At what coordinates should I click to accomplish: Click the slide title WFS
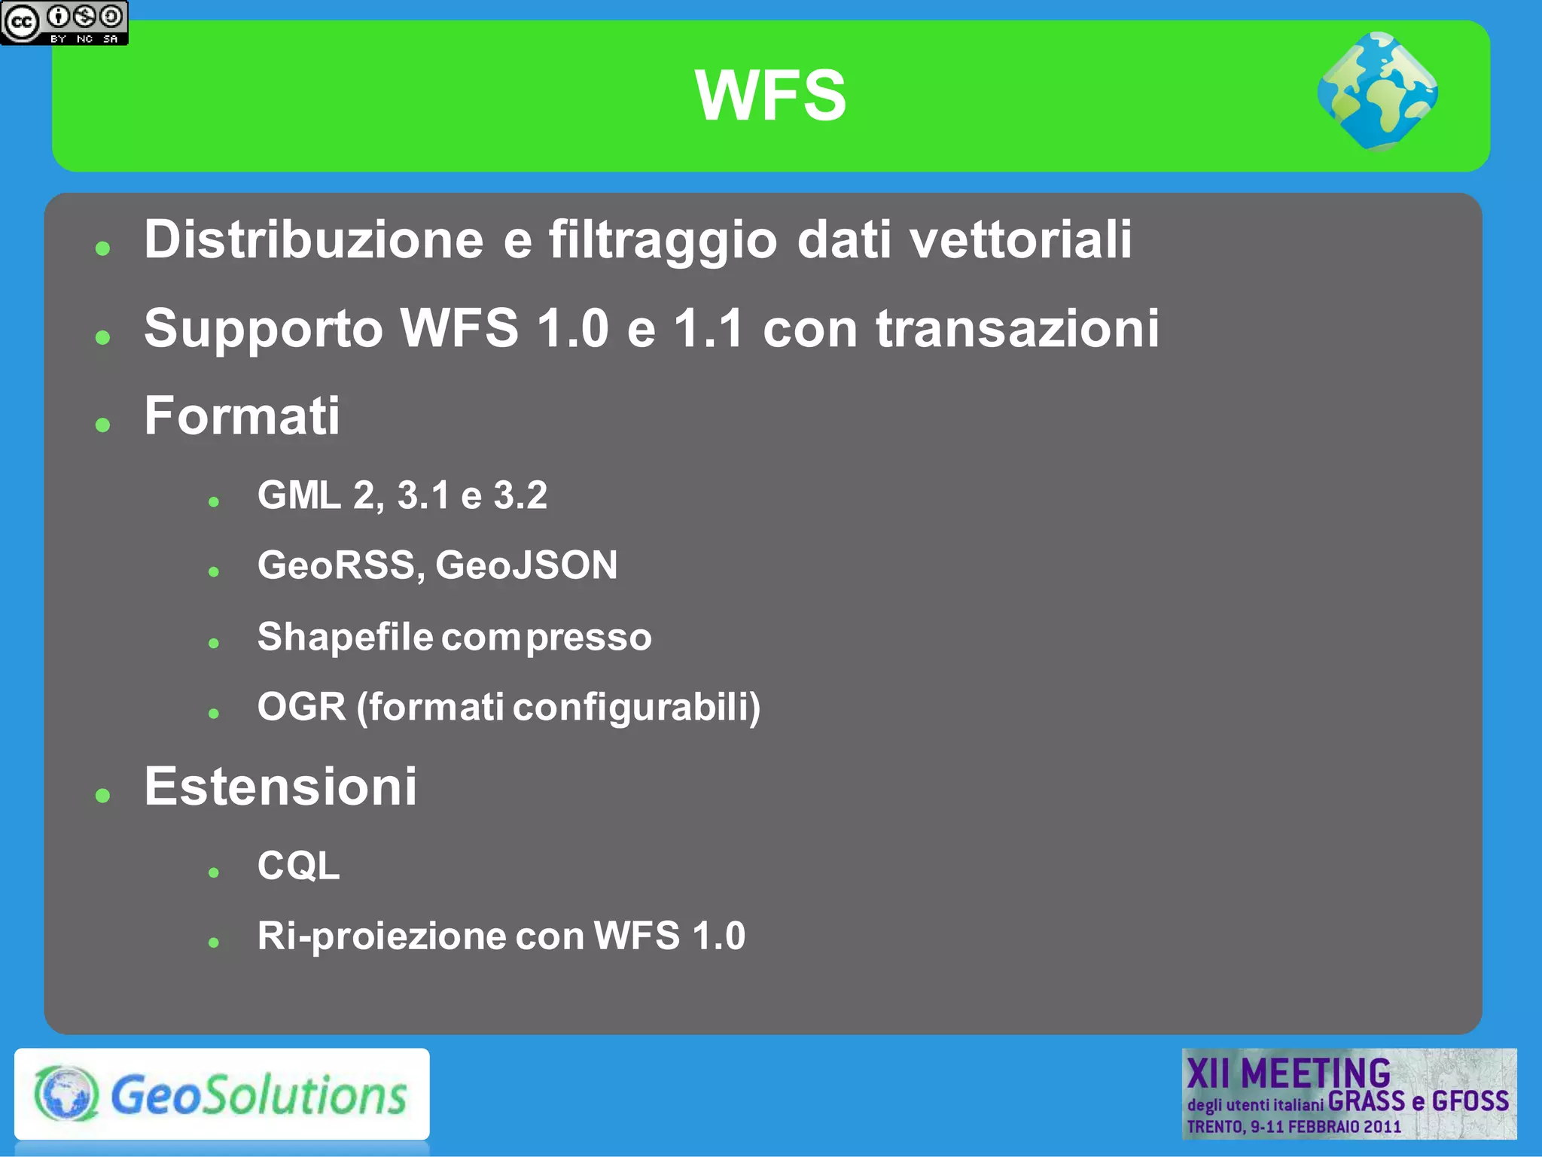770,96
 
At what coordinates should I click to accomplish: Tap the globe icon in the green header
1378,92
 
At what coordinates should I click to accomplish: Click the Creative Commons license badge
64,23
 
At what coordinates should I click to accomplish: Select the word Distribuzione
313,239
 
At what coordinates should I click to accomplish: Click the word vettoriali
1020,239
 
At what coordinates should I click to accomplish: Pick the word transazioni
1017,329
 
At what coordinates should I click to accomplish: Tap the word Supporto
264,330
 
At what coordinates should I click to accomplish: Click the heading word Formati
242,416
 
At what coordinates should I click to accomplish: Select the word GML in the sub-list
299,495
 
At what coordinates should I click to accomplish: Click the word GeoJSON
526,565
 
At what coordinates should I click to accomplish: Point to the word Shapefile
345,637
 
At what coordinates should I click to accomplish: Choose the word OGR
301,707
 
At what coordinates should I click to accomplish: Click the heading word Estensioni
280,787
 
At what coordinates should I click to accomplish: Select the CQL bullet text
298,866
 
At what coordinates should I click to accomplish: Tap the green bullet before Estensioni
103,795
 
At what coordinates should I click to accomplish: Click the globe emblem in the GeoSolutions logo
66,1094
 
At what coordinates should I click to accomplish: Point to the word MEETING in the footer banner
1315,1073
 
